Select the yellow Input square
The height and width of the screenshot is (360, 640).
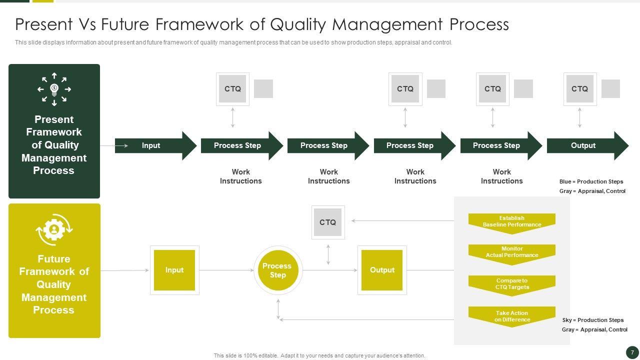174,270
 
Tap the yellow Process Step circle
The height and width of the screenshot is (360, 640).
278,270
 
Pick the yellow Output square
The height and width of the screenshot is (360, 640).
382,270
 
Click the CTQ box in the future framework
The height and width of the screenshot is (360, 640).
328,222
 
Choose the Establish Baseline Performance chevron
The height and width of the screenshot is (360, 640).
512,222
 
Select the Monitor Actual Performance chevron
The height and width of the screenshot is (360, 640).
512,252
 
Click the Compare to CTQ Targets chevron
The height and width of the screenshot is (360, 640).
512,284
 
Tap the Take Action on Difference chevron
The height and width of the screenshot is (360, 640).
512,316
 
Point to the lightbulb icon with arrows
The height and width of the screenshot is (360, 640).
54,89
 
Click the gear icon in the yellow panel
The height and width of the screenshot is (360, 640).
54,229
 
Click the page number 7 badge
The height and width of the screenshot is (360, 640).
632,352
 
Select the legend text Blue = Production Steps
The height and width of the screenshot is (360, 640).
591,181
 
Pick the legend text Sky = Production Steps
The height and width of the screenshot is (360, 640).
592,320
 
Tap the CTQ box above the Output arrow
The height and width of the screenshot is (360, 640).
580,89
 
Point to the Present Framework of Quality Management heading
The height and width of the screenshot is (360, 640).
54,145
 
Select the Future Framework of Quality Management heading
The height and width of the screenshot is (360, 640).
54,284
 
